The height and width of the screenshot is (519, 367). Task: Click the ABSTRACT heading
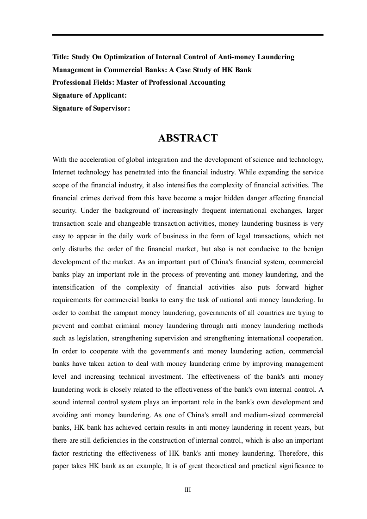pos(187,138)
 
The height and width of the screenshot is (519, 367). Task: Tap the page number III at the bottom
pos(187,490)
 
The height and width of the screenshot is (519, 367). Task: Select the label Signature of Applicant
pos(90,95)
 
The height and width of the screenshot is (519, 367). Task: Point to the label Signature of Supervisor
pos(91,108)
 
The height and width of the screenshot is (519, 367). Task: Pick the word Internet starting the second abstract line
pos(64,172)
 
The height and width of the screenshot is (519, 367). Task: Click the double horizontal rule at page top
pos(187,35)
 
